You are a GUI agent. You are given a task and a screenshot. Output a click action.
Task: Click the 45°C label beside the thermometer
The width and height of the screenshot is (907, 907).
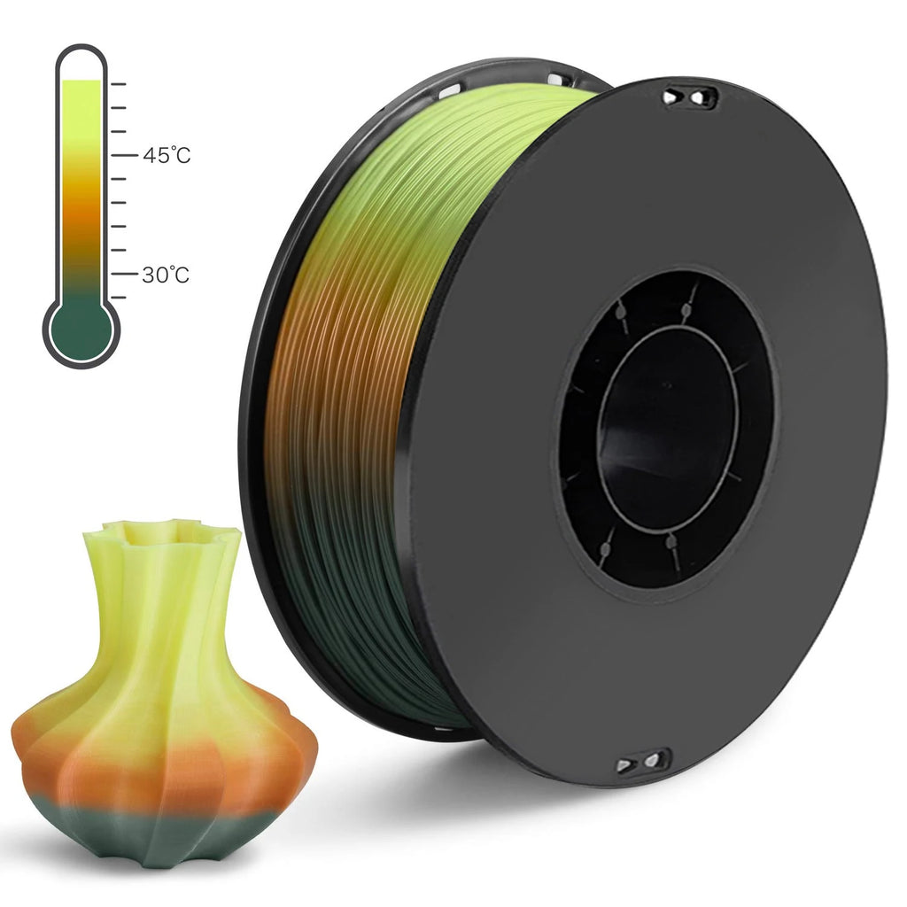(166, 155)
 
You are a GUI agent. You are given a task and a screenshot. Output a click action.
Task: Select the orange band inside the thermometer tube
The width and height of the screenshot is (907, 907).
(81, 208)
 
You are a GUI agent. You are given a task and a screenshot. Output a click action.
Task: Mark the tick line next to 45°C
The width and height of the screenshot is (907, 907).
(119, 155)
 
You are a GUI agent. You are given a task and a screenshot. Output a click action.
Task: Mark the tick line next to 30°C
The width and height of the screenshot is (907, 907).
(119, 275)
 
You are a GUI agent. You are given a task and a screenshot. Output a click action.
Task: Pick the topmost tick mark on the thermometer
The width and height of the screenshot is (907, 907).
(119, 84)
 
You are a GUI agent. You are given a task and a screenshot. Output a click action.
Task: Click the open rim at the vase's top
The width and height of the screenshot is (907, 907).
(162, 531)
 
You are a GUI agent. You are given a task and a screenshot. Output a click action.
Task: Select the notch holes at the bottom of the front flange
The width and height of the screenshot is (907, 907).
(644, 761)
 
